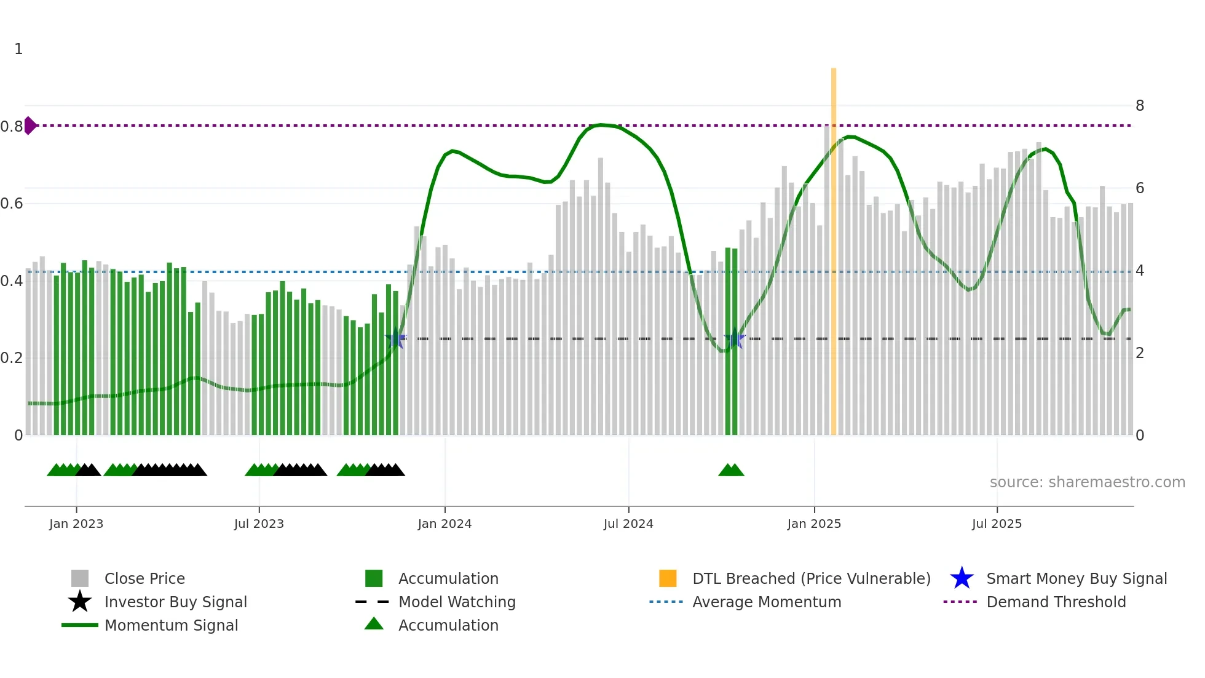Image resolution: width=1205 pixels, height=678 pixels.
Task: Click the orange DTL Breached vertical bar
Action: pyautogui.click(x=834, y=252)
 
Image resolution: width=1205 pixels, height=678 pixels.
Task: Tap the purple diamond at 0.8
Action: pyautogui.click(x=30, y=126)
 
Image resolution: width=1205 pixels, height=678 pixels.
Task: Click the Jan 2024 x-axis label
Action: pyautogui.click(x=444, y=524)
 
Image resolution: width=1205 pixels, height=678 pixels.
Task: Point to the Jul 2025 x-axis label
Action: pyautogui.click(x=997, y=524)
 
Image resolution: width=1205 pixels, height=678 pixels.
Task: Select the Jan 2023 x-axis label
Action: pyautogui.click(x=76, y=524)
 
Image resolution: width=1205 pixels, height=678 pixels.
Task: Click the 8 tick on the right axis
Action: pyautogui.click(x=1139, y=106)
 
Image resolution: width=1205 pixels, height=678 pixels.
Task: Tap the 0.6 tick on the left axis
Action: pyautogui.click(x=12, y=204)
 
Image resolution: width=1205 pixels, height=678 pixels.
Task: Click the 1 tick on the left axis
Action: pyautogui.click(x=18, y=49)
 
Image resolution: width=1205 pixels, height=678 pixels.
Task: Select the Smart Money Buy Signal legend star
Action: pyautogui.click(x=962, y=579)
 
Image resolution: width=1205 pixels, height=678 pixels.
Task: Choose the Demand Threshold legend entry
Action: pyautogui.click(x=1056, y=602)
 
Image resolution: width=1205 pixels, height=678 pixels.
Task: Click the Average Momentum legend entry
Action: pyautogui.click(x=766, y=602)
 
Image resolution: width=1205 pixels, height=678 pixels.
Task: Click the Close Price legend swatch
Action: pyautogui.click(x=80, y=579)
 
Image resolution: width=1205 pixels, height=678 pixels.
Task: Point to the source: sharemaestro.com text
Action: pyautogui.click(x=1087, y=482)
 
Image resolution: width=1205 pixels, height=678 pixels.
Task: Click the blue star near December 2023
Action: pyautogui.click(x=396, y=338)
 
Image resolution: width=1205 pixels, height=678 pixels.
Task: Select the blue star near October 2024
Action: pyautogui.click(x=735, y=338)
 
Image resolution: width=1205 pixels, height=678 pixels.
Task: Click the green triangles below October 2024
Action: pyautogui.click(x=731, y=471)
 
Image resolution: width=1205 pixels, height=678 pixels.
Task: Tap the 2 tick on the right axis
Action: pyautogui.click(x=1139, y=353)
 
